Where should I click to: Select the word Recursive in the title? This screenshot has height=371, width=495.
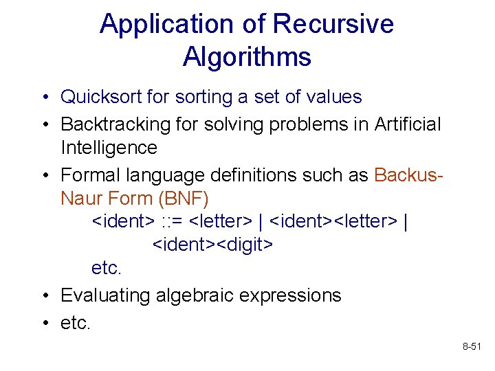pyautogui.click(x=333, y=25)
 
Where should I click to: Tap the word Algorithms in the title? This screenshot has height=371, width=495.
pyautogui.click(x=247, y=56)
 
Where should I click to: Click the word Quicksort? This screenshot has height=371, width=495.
pyautogui.click(x=102, y=97)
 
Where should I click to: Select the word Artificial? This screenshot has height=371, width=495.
pyautogui.click(x=408, y=124)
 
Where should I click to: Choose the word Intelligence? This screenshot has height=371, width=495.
pyautogui.click(x=109, y=148)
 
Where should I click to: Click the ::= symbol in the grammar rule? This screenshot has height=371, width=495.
pyautogui.click(x=172, y=222)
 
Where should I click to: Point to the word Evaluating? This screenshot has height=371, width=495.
pyautogui.click(x=106, y=295)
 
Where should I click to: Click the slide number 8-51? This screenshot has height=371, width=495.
pyautogui.click(x=472, y=349)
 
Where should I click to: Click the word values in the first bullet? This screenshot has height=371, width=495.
pyautogui.click(x=334, y=97)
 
